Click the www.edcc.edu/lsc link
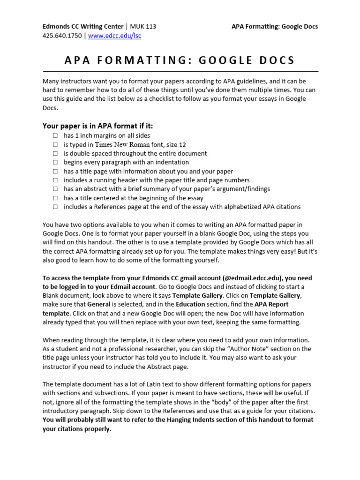coord(114,36)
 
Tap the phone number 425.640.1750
coord(61,36)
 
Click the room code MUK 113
coord(143,27)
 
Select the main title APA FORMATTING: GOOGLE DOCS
coord(180,60)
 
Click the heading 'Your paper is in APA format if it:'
coord(97,126)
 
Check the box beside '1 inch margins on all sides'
coord(55,136)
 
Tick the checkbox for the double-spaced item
coord(55,154)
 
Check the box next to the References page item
coord(55,207)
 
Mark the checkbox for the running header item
coord(55,180)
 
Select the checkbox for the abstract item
coord(55,189)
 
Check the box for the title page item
coord(55,172)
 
